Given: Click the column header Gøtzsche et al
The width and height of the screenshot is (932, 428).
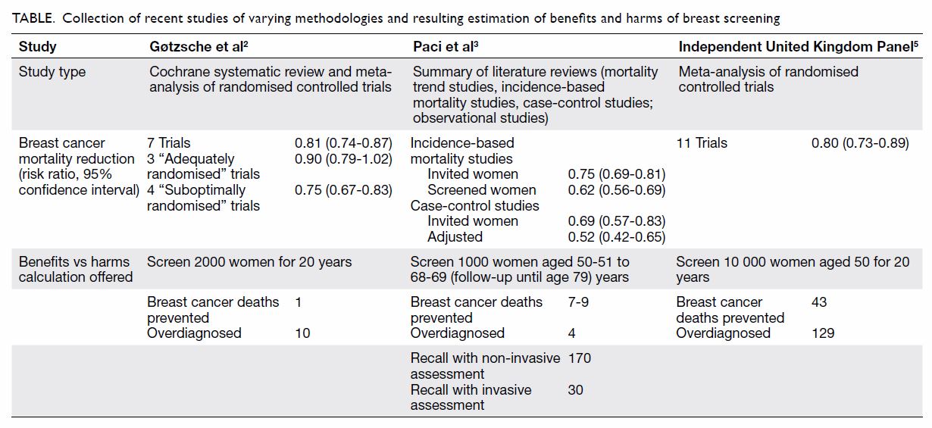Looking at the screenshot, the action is pos(199,46).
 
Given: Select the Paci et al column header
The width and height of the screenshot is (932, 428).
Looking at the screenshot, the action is pos(446,46).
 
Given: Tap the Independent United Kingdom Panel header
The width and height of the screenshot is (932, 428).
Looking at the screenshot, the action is pos(798,46).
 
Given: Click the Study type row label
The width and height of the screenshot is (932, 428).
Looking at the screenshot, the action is pos(52,71).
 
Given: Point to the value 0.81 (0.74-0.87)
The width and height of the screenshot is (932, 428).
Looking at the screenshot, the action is pos(343,143).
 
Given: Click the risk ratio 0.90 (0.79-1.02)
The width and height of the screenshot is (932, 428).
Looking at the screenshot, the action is pos(343,159).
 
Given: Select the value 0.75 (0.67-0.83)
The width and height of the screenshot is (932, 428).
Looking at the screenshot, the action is pos(343,190).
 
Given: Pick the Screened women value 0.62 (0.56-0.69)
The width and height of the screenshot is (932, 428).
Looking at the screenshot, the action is pos(617,190).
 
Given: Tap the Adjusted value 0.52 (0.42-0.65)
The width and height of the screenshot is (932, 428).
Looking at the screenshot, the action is pos(617,237).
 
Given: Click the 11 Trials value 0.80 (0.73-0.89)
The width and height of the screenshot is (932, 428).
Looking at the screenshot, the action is pos(860,143).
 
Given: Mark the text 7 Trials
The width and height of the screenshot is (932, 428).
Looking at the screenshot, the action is pos(168,143).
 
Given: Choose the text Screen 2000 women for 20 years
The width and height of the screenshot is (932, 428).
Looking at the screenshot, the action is pos(249,262).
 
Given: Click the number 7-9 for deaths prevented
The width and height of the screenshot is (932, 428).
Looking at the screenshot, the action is pos(578,302).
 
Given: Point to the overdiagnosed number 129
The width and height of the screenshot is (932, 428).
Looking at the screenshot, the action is pos(823,333).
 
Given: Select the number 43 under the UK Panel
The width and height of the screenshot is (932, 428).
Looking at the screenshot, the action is pos(819,302).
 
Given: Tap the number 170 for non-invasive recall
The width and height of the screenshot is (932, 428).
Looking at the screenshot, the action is pos(579,358).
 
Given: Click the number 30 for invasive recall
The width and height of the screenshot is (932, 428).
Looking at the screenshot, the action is pos(575,390).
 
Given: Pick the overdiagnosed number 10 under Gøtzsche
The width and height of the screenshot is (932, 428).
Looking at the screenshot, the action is pos(302,333).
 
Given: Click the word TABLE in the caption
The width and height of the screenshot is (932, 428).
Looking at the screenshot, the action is pos(33,18).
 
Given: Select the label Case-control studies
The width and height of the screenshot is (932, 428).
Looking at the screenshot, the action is pos(475,206).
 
